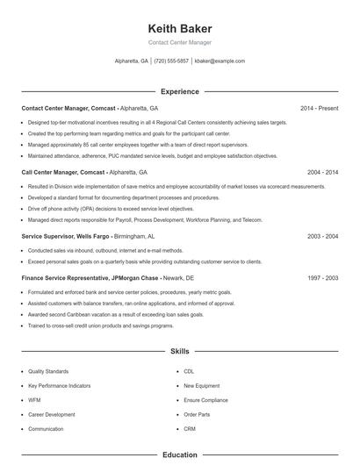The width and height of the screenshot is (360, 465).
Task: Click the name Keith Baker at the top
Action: (180, 28)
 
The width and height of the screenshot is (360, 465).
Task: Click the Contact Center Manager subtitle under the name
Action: (180, 42)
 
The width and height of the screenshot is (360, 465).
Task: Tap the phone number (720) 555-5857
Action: (171, 61)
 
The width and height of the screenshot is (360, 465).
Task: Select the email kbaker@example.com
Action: (220, 61)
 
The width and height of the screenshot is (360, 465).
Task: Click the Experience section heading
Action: (180, 91)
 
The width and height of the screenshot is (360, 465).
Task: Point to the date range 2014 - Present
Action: (319, 108)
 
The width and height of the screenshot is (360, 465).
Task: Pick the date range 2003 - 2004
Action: (322, 236)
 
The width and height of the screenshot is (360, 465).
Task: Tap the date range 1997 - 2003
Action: (322, 277)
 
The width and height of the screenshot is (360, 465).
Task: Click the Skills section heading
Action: (180, 351)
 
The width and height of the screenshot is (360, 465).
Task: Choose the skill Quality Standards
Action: (47, 371)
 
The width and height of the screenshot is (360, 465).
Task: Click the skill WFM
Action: (35, 399)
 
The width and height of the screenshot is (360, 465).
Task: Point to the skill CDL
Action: (190, 371)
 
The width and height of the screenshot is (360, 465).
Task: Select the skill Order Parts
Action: (197, 414)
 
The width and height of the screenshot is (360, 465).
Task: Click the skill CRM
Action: (190, 428)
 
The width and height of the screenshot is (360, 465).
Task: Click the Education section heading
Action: (180, 455)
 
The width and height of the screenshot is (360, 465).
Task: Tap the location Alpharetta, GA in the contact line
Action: (132, 61)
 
